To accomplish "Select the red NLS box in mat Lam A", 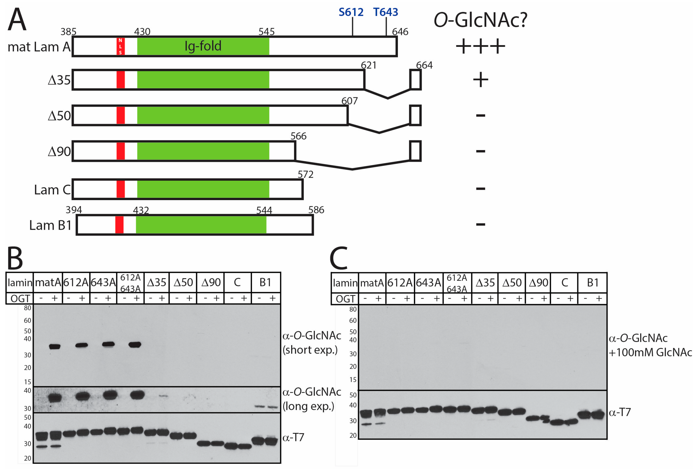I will tap(121, 46).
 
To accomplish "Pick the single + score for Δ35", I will tap(480, 80).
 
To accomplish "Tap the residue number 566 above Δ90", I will tap(298, 136).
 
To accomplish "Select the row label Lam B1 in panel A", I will tap(50, 225).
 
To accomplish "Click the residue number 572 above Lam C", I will tap(305, 174).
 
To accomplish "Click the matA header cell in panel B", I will tap(48, 282).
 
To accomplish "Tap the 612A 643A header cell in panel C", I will tap(457, 283).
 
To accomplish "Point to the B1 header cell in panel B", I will tap(265, 282).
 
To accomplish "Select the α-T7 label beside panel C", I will tap(620, 412).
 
